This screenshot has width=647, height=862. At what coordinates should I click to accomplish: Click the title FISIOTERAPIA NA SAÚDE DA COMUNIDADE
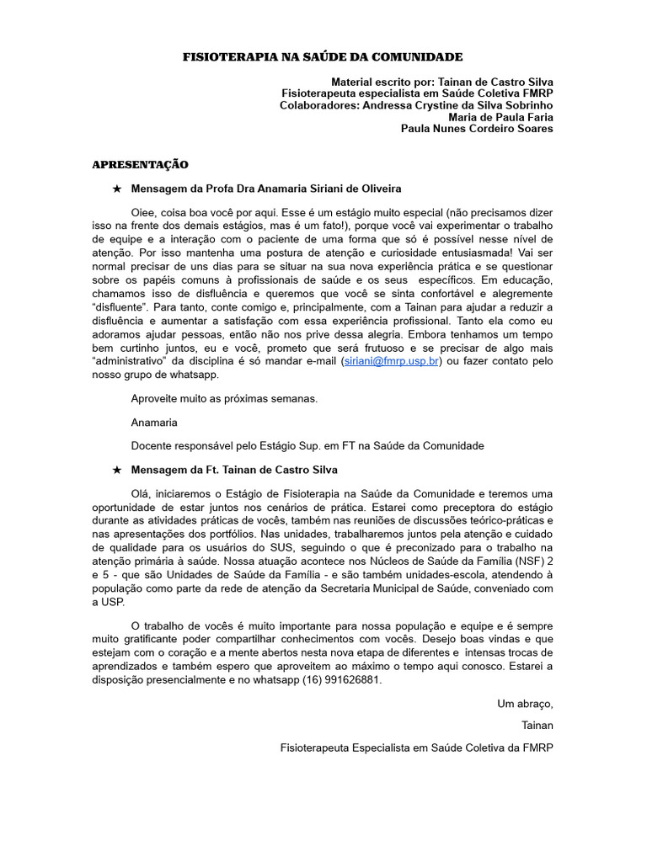[x=323, y=56]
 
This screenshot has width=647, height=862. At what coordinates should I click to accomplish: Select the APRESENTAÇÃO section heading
[x=140, y=164]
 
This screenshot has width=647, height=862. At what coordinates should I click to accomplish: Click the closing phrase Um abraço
[x=525, y=704]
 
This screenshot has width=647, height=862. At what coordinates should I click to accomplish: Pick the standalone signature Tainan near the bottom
[x=537, y=724]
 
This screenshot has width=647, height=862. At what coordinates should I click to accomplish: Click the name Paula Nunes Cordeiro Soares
[x=477, y=129]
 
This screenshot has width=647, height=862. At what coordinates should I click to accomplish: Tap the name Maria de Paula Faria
[x=500, y=117]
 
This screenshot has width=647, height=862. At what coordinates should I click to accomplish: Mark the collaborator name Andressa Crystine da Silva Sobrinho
[x=457, y=105]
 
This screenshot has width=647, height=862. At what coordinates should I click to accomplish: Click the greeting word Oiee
[x=145, y=213]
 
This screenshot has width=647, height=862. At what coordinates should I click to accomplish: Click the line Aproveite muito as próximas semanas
[x=224, y=398]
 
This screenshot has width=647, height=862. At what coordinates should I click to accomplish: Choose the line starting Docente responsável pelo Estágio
[x=307, y=445]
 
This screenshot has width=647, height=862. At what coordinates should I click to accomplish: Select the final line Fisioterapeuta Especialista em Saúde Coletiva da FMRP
[x=417, y=748]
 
